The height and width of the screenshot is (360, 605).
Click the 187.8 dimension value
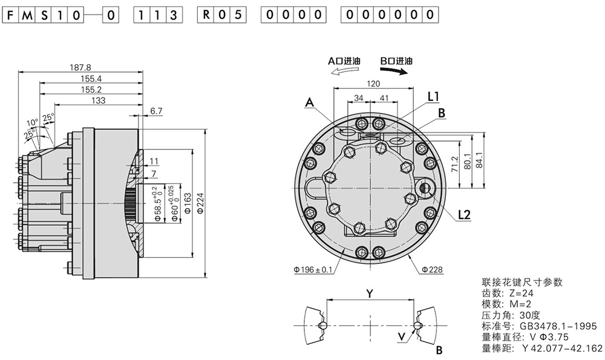coord(80,68)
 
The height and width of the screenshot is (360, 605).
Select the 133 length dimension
coord(99,100)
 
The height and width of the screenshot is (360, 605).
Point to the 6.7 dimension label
coord(156,111)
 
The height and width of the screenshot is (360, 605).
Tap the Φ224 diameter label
coord(200,203)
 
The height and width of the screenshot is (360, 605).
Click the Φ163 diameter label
coord(188,203)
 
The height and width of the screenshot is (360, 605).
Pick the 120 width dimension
coord(373,83)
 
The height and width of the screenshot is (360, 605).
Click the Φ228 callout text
coord(432,270)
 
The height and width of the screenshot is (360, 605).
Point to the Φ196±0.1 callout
coord(313,270)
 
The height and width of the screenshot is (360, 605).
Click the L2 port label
coord(465,215)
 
